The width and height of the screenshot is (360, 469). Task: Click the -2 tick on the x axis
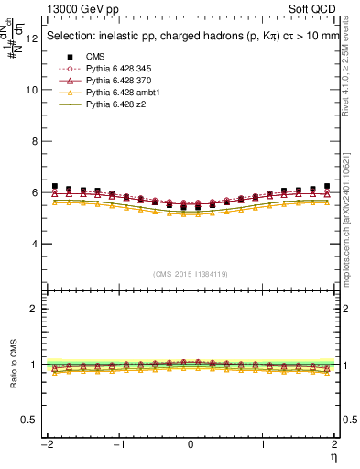(45, 444)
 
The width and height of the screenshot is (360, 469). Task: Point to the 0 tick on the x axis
(191, 444)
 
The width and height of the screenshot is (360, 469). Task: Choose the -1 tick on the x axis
(117, 444)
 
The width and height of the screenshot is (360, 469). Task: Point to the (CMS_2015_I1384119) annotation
(191, 274)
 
